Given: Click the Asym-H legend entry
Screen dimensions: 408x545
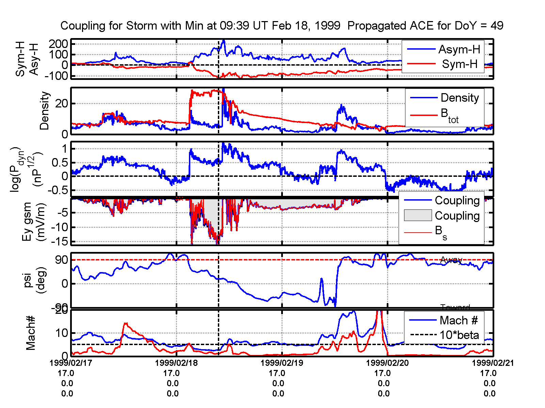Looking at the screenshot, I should [459, 50].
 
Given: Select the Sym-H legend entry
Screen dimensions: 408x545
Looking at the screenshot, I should [460, 64].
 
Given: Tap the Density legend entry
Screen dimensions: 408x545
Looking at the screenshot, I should [460, 98].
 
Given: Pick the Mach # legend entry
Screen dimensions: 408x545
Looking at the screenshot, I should [459, 320].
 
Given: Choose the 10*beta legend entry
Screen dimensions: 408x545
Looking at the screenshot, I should [459, 335].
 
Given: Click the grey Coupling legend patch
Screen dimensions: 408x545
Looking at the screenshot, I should [418, 216].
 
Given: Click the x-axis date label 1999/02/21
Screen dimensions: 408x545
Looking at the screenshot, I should [493, 363].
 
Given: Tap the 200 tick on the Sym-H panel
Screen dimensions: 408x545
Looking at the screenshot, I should [59, 44].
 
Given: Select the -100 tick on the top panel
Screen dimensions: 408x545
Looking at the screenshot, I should [56, 76].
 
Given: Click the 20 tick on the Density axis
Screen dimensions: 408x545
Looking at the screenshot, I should [62, 103].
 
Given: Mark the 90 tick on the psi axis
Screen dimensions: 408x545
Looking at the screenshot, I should [62, 260].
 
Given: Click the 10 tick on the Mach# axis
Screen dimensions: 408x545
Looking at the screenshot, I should [62, 333].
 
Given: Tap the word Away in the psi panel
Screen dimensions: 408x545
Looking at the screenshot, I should [451, 260].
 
